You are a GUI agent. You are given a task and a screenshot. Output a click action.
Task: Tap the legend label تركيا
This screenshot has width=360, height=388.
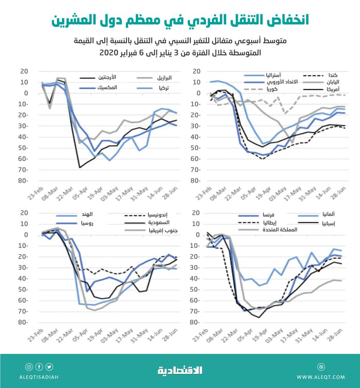tap(166, 88)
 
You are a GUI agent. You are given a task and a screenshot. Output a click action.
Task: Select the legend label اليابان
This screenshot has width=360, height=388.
tap(332, 82)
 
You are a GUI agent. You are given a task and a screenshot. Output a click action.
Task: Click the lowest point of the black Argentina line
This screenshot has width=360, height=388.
tap(79, 168)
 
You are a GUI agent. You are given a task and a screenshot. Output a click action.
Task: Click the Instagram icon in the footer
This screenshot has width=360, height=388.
tap(29, 367)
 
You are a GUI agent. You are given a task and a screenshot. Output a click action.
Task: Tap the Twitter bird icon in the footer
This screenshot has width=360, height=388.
tap(49, 367)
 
